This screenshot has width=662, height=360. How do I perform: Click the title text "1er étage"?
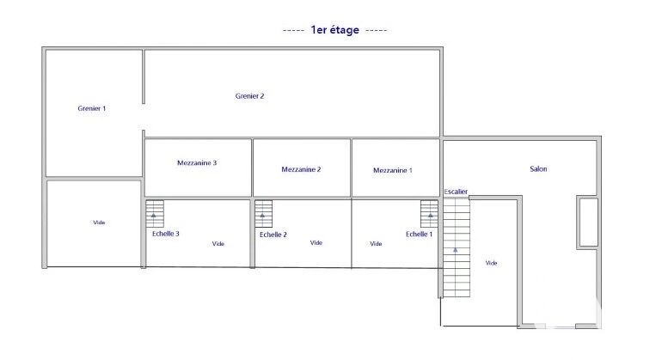[335, 30]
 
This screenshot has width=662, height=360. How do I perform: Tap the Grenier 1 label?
[92, 109]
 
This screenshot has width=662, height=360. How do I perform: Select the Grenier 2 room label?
[249, 96]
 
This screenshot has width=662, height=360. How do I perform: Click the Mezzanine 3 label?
[196, 162]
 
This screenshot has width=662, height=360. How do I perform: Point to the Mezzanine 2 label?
[301, 169]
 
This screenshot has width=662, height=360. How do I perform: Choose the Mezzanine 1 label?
[392, 170]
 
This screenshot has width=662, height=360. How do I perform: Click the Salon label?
[538, 169]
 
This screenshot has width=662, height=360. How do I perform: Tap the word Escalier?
[456, 191]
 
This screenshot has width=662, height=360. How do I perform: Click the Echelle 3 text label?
[164, 234]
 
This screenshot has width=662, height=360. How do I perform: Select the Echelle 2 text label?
[273, 235]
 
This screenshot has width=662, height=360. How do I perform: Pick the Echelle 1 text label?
[419, 234]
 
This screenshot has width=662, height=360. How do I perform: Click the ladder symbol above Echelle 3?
[154, 214]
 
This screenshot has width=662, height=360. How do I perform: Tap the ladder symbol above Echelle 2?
[263, 214]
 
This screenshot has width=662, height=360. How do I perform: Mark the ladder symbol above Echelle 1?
[428, 214]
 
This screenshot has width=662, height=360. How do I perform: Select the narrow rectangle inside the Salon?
[587, 223]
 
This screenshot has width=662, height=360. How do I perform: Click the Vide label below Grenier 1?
[99, 223]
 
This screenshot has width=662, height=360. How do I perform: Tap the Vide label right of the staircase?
[491, 263]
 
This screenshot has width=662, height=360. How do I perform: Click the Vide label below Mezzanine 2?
[316, 243]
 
